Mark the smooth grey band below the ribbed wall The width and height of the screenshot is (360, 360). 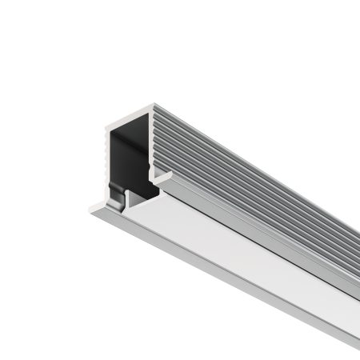[264, 240]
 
